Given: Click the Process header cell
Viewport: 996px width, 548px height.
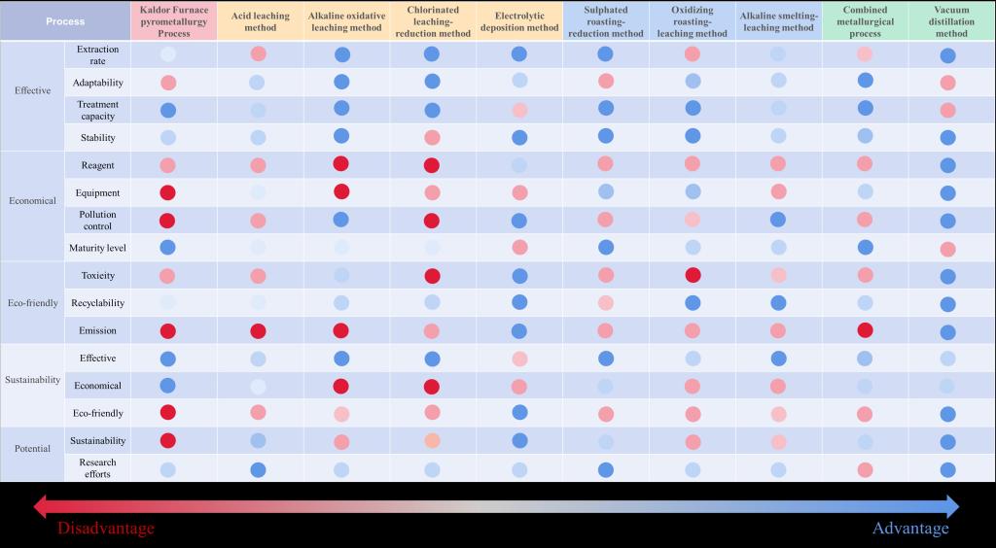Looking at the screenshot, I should (65, 20).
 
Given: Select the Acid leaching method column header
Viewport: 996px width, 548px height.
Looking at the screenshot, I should (260, 21).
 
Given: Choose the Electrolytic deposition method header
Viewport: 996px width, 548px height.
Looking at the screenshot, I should (518, 21).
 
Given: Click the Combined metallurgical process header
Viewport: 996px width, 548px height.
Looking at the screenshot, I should (865, 21).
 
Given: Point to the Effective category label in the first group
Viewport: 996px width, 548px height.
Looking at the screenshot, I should (32, 90).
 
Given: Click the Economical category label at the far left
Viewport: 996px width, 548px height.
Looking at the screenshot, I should (34, 201).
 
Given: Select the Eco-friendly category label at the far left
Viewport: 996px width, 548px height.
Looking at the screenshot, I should (33, 303).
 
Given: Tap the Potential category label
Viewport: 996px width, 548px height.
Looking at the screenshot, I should (32, 450).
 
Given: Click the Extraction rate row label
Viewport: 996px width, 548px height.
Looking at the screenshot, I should (97, 54).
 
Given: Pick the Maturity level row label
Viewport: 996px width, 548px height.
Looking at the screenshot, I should (97, 248).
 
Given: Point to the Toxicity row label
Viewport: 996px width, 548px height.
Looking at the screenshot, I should (97, 276).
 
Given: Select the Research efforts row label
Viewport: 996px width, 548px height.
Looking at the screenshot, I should (97, 468).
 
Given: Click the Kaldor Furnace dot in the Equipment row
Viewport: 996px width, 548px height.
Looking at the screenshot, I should (167, 192).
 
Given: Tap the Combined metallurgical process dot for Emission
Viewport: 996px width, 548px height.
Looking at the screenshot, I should (865, 330).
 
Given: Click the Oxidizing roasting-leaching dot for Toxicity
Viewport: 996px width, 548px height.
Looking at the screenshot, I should (693, 276).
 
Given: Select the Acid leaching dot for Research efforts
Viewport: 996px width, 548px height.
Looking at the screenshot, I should (258, 470).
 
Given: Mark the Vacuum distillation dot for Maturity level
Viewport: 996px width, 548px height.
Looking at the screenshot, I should (947, 249).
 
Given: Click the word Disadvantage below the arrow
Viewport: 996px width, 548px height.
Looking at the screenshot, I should (105, 529).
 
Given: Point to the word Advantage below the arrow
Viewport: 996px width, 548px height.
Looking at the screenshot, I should (910, 529).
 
